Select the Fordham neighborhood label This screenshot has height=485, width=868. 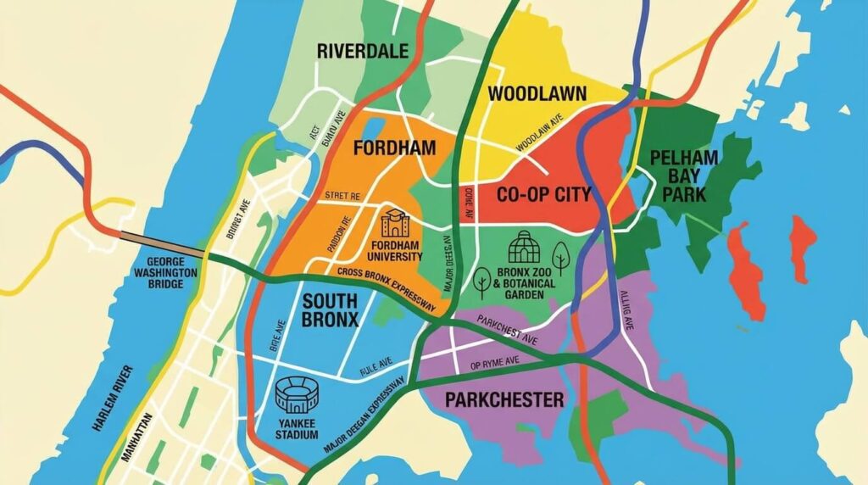[x=394, y=148]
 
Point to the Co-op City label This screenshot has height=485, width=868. [x=543, y=194]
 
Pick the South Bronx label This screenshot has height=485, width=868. [x=331, y=309]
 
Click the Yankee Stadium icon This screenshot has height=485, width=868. [x=296, y=396]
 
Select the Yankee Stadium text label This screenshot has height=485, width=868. [x=297, y=428]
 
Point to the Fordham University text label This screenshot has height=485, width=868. [x=396, y=251]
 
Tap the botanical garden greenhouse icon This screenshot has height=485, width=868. [x=521, y=248]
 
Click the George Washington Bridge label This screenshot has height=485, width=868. [x=165, y=273]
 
